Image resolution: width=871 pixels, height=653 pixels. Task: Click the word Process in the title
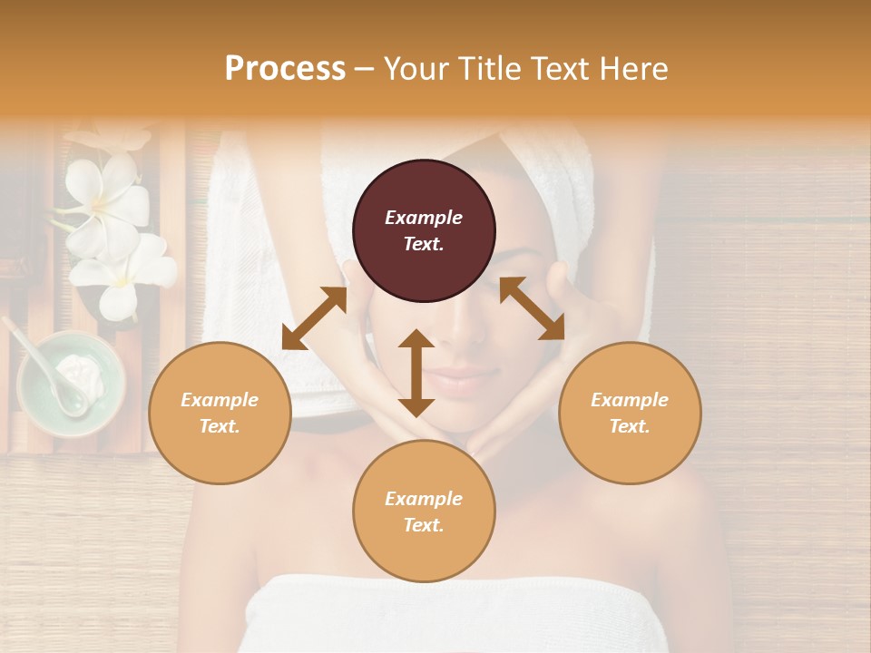coord(285,69)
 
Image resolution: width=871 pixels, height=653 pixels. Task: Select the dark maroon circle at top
coord(424,230)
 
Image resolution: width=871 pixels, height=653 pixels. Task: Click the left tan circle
coord(220,413)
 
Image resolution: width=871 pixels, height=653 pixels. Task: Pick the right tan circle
coord(630,413)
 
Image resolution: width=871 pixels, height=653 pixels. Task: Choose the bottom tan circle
coord(424,512)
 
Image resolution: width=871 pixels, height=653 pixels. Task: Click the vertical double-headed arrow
coord(416,373)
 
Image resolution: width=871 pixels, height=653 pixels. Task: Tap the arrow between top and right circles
coord(532,308)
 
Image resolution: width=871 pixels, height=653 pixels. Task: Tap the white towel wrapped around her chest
coord(481,612)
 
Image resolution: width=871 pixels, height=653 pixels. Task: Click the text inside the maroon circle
coord(424,230)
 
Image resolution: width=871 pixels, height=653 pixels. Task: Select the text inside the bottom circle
coord(424,512)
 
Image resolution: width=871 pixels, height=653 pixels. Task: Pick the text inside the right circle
coord(630,413)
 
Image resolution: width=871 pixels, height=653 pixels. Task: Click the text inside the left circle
coord(220,413)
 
